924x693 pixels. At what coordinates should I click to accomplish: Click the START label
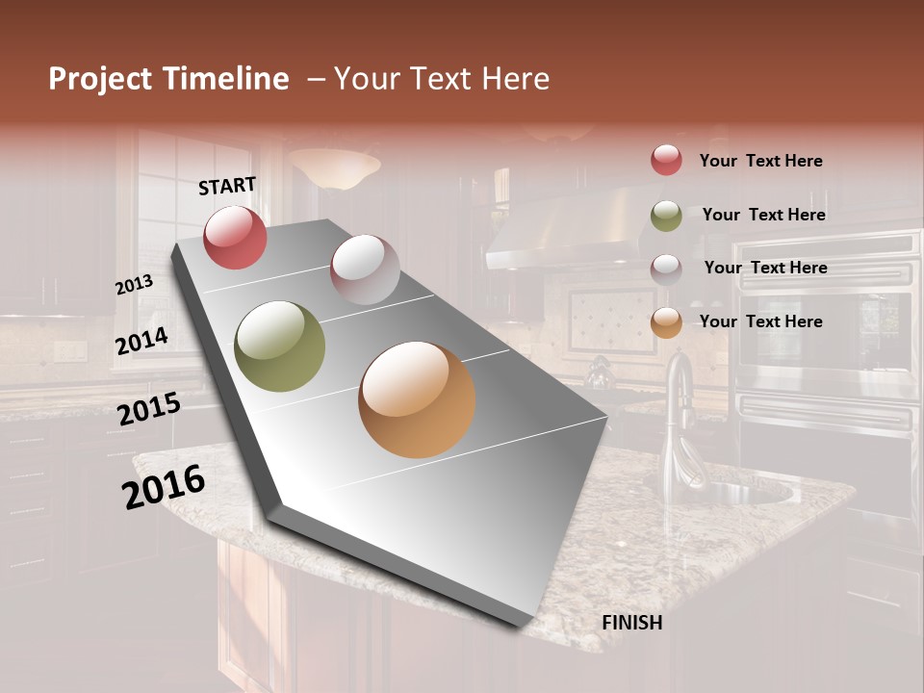(227, 186)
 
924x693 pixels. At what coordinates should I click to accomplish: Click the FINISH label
(632, 623)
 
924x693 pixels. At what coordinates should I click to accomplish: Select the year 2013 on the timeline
(134, 285)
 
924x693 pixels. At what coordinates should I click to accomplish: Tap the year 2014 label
(141, 341)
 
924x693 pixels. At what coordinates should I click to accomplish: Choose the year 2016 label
(164, 486)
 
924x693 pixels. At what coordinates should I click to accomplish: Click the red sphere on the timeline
(235, 237)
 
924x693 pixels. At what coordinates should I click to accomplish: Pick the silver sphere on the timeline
(365, 269)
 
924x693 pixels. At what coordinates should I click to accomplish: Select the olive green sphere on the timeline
(280, 346)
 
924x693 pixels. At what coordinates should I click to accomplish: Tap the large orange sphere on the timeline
(417, 399)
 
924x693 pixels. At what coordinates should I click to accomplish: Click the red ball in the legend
(666, 160)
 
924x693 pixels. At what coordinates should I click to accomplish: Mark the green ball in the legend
(666, 216)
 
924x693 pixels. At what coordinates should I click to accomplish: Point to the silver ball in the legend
(666, 269)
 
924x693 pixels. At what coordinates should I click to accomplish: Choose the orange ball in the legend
(666, 322)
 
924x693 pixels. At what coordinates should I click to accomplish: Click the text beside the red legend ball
(760, 161)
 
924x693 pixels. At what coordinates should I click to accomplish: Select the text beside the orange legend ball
(760, 321)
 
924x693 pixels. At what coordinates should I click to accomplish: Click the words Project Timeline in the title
(168, 79)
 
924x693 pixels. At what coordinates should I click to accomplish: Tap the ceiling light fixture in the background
(334, 168)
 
